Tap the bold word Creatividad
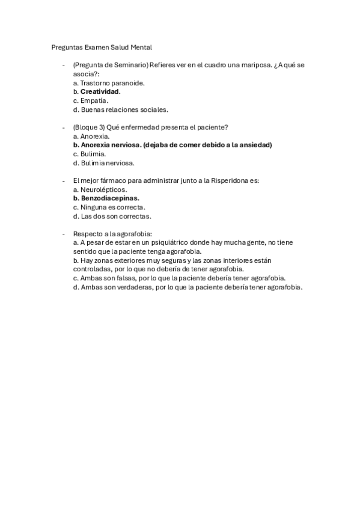click(x=100, y=92)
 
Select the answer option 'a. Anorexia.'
click(x=91, y=136)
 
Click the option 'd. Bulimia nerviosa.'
click(x=103, y=163)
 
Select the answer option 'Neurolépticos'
click(x=100, y=189)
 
